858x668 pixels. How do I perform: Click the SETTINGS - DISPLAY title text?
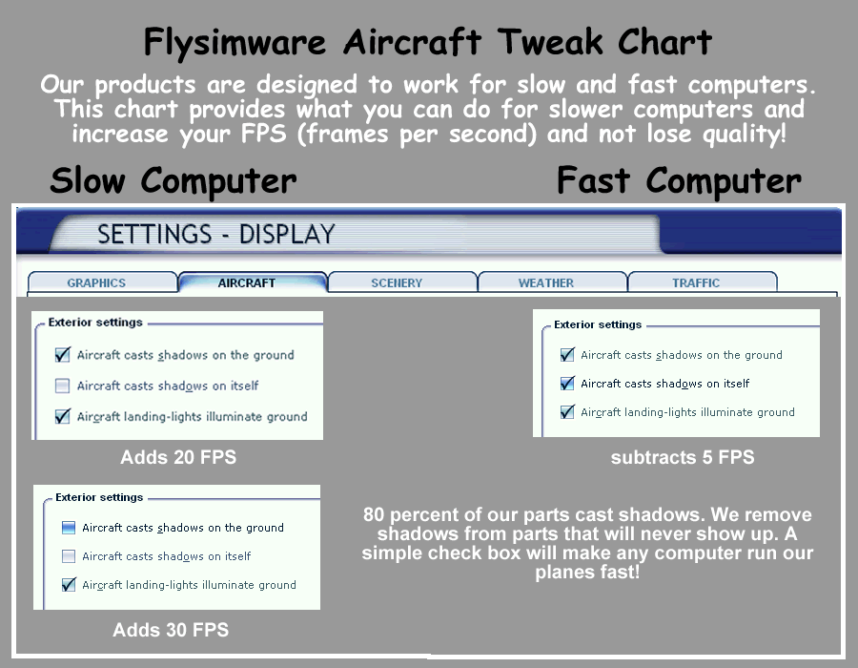pyautogui.click(x=216, y=235)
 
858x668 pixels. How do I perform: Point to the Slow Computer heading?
pyautogui.click(x=173, y=181)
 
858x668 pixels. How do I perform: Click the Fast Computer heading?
pyautogui.click(x=679, y=181)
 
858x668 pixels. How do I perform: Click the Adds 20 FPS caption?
pyautogui.click(x=178, y=457)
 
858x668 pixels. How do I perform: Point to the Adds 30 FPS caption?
pyautogui.click(x=171, y=630)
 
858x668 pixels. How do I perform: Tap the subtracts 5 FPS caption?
pyautogui.click(x=683, y=457)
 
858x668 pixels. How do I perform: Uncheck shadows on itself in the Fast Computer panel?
pyautogui.click(x=567, y=384)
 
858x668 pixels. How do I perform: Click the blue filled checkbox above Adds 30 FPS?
pyautogui.click(x=69, y=528)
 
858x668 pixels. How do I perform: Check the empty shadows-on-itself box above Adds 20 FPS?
pyautogui.click(x=62, y=386)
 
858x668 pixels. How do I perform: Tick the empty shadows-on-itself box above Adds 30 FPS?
pyautogui.click(x=69, y=556)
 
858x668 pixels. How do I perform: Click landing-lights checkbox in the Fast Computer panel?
pyautogui.click(x=567, y=411)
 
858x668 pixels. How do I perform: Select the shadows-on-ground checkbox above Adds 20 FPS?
pyautogui.click(x=62, y=355)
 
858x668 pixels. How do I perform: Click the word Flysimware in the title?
pyautogui.click(x=235, y=43)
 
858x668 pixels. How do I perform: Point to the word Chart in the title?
pyautogui.click(x=664, y=42)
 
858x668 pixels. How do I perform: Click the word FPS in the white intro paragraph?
pyautogui.click(x=264, y=134)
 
